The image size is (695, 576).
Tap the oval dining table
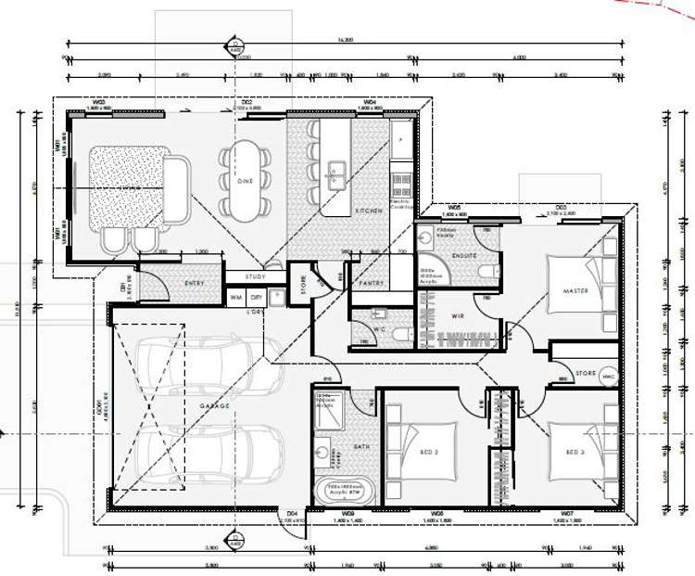(245, 180)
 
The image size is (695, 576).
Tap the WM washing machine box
(235, 297)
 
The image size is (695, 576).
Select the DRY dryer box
(256, 297)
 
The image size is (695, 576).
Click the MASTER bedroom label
(575, 291)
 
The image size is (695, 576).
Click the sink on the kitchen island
(335, 170)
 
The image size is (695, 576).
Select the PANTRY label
(371, 283)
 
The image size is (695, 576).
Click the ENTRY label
(195, 283)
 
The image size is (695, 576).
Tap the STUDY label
(255, 276)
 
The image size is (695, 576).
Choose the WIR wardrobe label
(458, 317)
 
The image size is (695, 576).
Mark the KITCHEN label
(369, 211)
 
